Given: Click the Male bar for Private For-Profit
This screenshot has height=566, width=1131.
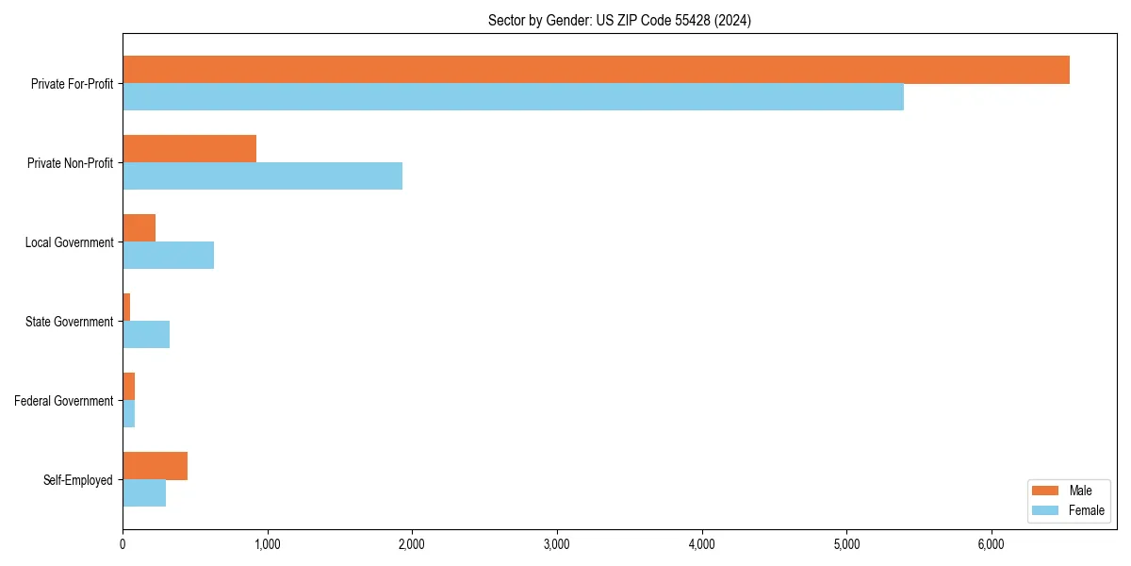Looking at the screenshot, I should click(596, 70).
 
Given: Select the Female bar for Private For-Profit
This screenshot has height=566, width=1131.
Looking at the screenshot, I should click(513, 97).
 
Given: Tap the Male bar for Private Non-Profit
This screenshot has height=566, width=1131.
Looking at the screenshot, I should click(189, 149).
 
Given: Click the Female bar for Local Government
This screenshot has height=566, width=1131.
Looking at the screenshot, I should click(168, 256).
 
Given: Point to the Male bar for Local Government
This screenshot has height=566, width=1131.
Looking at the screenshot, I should click(139, 228).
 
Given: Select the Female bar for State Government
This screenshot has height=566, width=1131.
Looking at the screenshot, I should click(146, 335).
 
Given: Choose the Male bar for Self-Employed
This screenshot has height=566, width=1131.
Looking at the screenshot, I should click(155, 466).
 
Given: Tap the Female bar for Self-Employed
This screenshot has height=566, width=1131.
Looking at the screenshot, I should click(144, 493).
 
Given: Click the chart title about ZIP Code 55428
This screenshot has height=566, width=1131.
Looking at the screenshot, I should click(619, 20).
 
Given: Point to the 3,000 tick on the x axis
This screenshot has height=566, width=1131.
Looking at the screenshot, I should click(557, 543).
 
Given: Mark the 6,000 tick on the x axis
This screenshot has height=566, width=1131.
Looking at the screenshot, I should click(992, 543).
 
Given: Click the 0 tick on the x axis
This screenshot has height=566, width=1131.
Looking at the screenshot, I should click(123, 543).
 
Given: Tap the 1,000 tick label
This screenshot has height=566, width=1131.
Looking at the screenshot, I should click(268, 543).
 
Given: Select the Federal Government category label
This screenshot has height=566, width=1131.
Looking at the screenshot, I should click(64, 401).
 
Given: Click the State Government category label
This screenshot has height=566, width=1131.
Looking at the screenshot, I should click(70, 322).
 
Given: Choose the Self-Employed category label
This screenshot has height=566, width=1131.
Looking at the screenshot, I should click(78, 480).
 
